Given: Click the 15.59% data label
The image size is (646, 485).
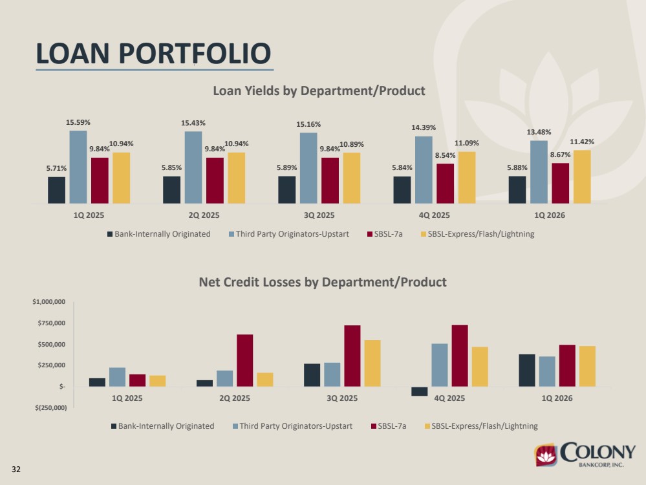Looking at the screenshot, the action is (78, 122).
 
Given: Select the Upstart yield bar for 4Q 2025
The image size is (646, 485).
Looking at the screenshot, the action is (424, 170).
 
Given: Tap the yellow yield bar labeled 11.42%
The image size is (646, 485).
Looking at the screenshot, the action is (582, 177).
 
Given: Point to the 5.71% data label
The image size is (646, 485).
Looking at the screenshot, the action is (56, 168).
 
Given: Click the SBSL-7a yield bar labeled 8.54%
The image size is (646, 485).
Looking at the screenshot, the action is (446, 184).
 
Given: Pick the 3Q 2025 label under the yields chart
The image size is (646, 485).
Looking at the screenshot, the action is (319, 215).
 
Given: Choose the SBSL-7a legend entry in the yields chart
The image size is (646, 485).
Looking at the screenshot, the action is (385, 234).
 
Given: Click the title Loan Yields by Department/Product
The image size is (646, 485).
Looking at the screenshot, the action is (319, 91).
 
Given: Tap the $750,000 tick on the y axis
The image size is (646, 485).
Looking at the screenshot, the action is (52, 323).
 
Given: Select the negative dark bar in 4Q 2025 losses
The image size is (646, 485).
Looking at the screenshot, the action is (420, 391).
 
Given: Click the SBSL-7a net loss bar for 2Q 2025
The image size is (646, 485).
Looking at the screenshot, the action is (244, 361).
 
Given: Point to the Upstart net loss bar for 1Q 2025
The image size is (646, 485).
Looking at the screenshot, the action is (118, 377).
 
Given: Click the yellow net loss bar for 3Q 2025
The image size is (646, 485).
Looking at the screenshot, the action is (372, 363).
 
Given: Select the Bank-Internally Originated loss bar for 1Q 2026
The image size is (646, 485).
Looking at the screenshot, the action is (527, 371).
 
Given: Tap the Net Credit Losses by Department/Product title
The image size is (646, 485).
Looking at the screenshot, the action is (323, 282).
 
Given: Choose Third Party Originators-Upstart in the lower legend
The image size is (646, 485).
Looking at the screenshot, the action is (292, 426).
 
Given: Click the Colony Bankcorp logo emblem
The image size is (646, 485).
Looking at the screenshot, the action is (546, 455).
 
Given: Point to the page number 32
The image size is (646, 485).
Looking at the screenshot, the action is (16, 469).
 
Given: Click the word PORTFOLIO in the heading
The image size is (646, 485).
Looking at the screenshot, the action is (195, 54).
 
